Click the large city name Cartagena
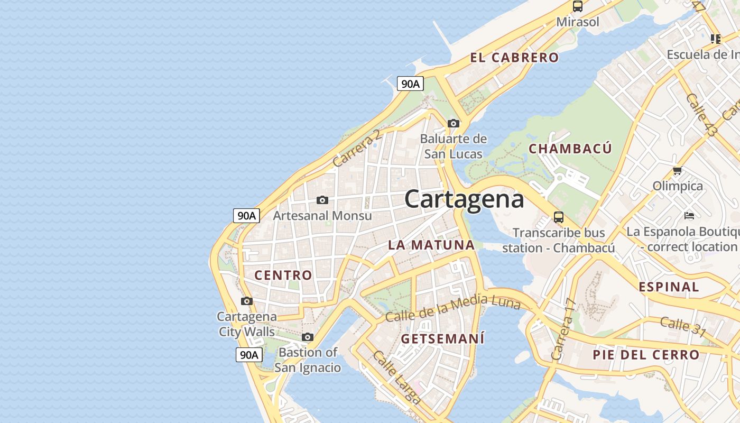[x=464, y=199]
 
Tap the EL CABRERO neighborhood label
[x=514, y=58]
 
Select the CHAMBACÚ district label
[x=570, y=149]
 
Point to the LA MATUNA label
[x=431, y=245]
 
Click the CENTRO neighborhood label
[x=283, y=275]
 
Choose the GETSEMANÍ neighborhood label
[x=442, y=338]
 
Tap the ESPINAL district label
[x=669, y=287]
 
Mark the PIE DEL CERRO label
[x=646, y=355]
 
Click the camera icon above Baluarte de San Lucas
[x=453, y=123]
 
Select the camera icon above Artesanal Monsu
[x=322, y=200]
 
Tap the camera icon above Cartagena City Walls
[x=246, y=301]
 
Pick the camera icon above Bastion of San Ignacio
[x=307, y=337]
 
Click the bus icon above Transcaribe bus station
[x=558, y=217]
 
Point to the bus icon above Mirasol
[x=577, y=7]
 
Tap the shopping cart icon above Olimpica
[x=677, y=170]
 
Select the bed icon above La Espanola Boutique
[x=689, y=215]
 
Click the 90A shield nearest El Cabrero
[x=410, y=84]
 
